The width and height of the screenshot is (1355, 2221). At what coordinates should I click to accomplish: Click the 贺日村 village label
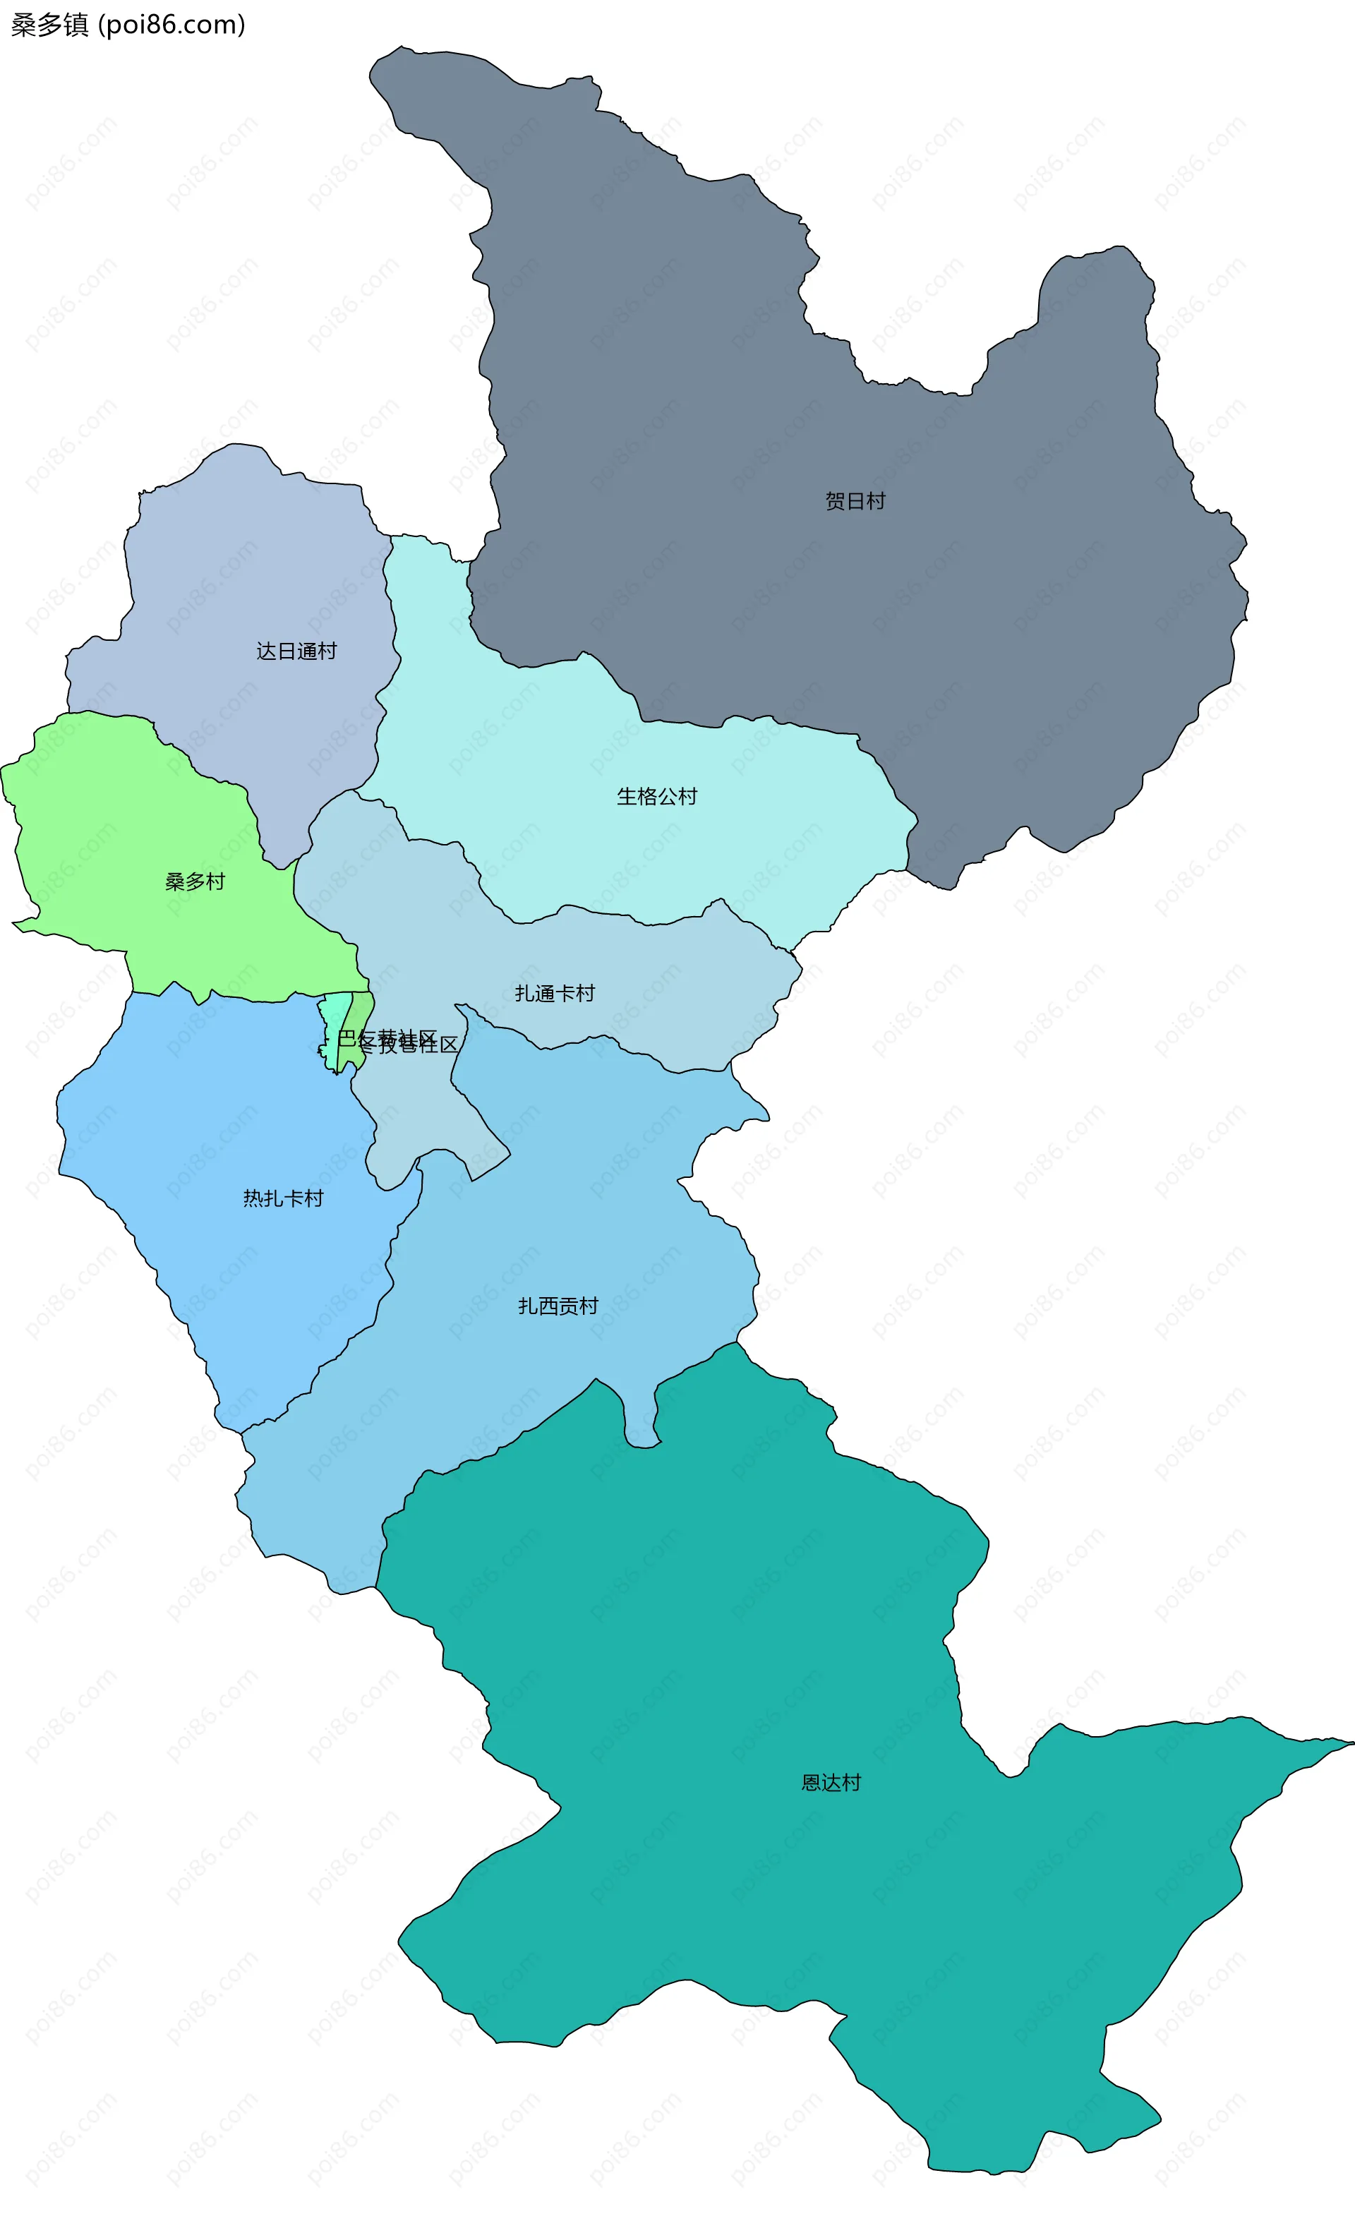pos(855,501)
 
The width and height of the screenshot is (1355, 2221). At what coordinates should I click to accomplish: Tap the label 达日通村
pos(296,651)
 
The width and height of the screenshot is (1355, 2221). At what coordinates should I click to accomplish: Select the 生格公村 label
pos(656,797)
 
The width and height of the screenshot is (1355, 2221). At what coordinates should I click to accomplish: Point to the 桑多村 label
pos(195,881)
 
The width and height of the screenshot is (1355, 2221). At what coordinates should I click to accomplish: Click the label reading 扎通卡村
pos(555,993)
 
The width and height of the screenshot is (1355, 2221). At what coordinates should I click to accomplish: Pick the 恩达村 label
pos(831,1783)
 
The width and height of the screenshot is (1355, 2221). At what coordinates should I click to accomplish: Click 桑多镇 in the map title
pos(49,24)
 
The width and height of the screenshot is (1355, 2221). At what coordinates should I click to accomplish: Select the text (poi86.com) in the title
pos(171,24)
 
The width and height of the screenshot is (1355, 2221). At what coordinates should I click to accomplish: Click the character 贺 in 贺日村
pos(835,501)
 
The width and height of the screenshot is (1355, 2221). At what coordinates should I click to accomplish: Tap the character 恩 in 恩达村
pos(812,1783)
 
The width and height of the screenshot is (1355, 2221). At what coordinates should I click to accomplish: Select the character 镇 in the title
pos(76,24)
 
